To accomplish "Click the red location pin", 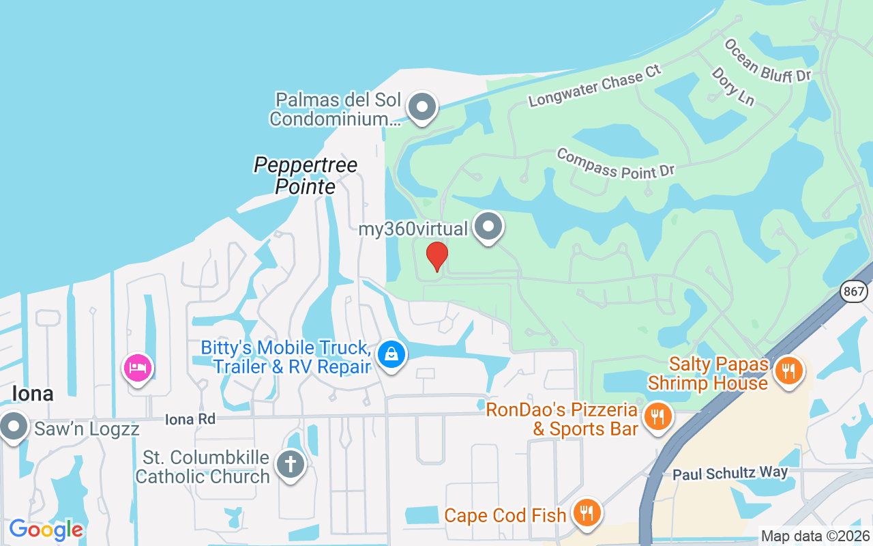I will [436, 256].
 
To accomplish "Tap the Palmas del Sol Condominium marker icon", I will [422, 106].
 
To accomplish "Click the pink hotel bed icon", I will [137, 368].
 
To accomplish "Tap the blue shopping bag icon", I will [391, 354].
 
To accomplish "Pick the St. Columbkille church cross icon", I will [290, 465].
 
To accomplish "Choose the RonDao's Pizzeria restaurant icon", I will [657, 416].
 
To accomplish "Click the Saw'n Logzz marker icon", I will [13, 427].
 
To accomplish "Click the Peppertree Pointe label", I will [306, 175].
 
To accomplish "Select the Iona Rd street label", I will [190, 420].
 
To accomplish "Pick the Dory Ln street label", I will [733, 86].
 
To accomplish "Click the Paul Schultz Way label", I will [730, 472].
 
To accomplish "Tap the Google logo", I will [46, 529].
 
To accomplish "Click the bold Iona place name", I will [33, 394].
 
